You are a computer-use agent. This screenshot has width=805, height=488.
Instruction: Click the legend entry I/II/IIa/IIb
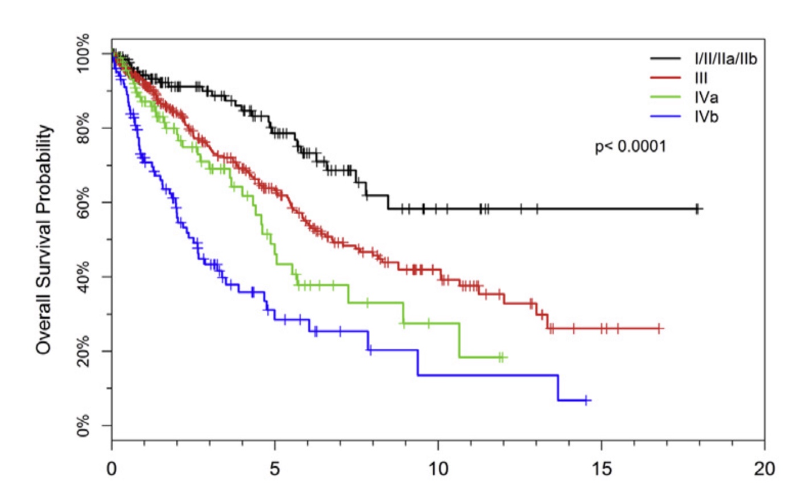tap(725, 59)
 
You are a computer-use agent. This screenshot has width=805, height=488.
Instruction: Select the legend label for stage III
tap(701, 78)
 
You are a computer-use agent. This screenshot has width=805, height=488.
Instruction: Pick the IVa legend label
tap(706, 97)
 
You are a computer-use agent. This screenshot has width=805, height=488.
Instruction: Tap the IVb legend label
tap(706, 117)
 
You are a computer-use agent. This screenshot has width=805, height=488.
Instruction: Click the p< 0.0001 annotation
tap(630, 147)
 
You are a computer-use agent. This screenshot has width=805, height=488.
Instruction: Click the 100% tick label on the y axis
tap(83, 54)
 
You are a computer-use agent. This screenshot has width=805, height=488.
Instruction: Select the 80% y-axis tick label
tap(83, 128)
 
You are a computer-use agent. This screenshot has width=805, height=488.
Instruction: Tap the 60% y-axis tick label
tap(83, 203)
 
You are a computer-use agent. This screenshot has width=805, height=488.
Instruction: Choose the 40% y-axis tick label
tap(83, 277)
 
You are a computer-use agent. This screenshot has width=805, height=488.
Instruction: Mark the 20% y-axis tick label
tap(83, 351)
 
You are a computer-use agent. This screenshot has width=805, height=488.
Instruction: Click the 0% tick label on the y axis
tap(83, 425)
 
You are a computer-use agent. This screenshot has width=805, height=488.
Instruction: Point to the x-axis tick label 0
tap(112, 469)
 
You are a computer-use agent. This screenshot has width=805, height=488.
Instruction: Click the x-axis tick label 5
tap(275, 469)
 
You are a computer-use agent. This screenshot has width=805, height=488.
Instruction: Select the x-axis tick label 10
tap(438, 469)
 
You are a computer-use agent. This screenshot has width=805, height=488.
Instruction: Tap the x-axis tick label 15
tap(601, 469)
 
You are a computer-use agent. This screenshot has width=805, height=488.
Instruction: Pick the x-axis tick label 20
tap(764, 469)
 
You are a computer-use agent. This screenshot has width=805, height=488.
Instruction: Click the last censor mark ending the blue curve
tap(587, 400)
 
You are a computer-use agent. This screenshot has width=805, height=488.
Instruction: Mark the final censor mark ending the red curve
tap(659, 329)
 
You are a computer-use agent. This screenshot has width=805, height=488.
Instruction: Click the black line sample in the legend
tap(666, 59)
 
